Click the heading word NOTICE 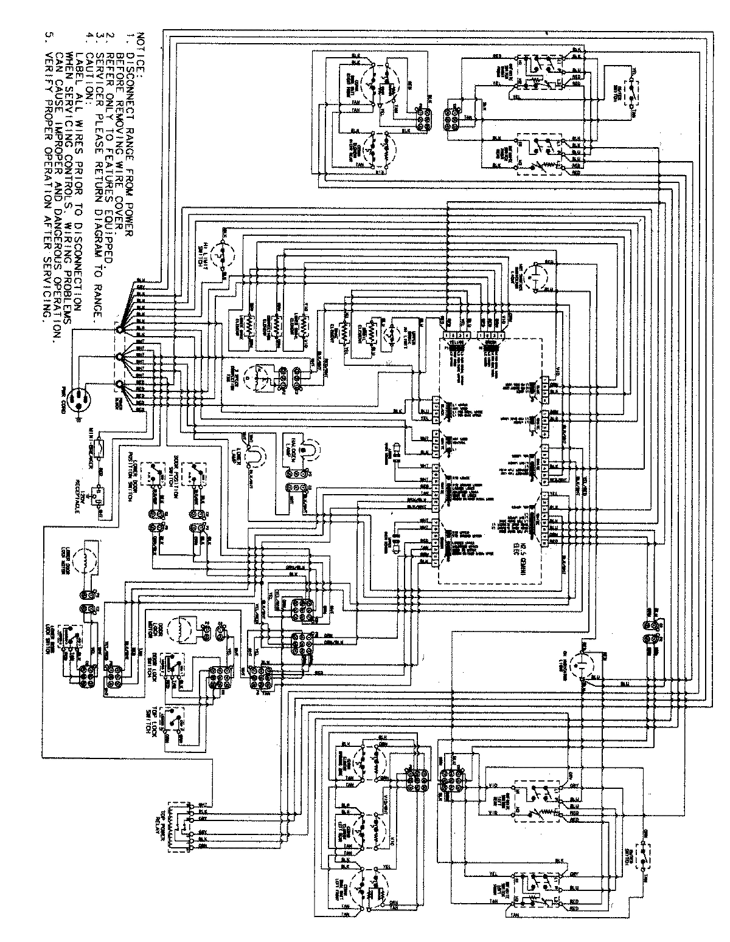point(142,51)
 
